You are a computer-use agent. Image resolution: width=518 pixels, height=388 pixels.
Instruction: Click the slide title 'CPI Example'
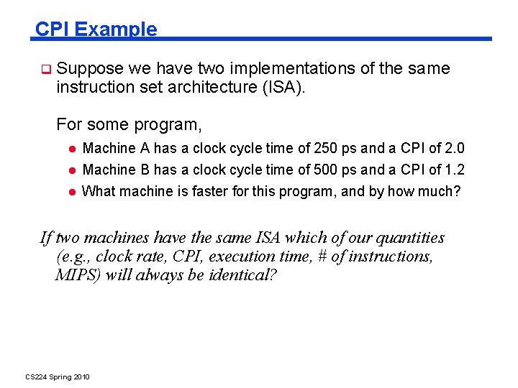click(96, 29)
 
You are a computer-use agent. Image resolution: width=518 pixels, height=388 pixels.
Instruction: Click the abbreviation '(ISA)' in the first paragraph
click(291, 88)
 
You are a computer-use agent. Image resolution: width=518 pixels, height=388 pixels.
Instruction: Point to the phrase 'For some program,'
click(129, 124)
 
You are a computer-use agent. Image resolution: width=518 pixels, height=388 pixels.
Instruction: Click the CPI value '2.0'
click(455, 149)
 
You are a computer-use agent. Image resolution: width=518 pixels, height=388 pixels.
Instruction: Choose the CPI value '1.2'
click(455, 170)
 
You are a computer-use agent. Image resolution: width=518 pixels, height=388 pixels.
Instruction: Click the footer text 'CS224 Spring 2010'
click(58, 377)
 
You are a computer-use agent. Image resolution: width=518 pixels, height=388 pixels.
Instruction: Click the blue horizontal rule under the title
click(324, 39)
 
